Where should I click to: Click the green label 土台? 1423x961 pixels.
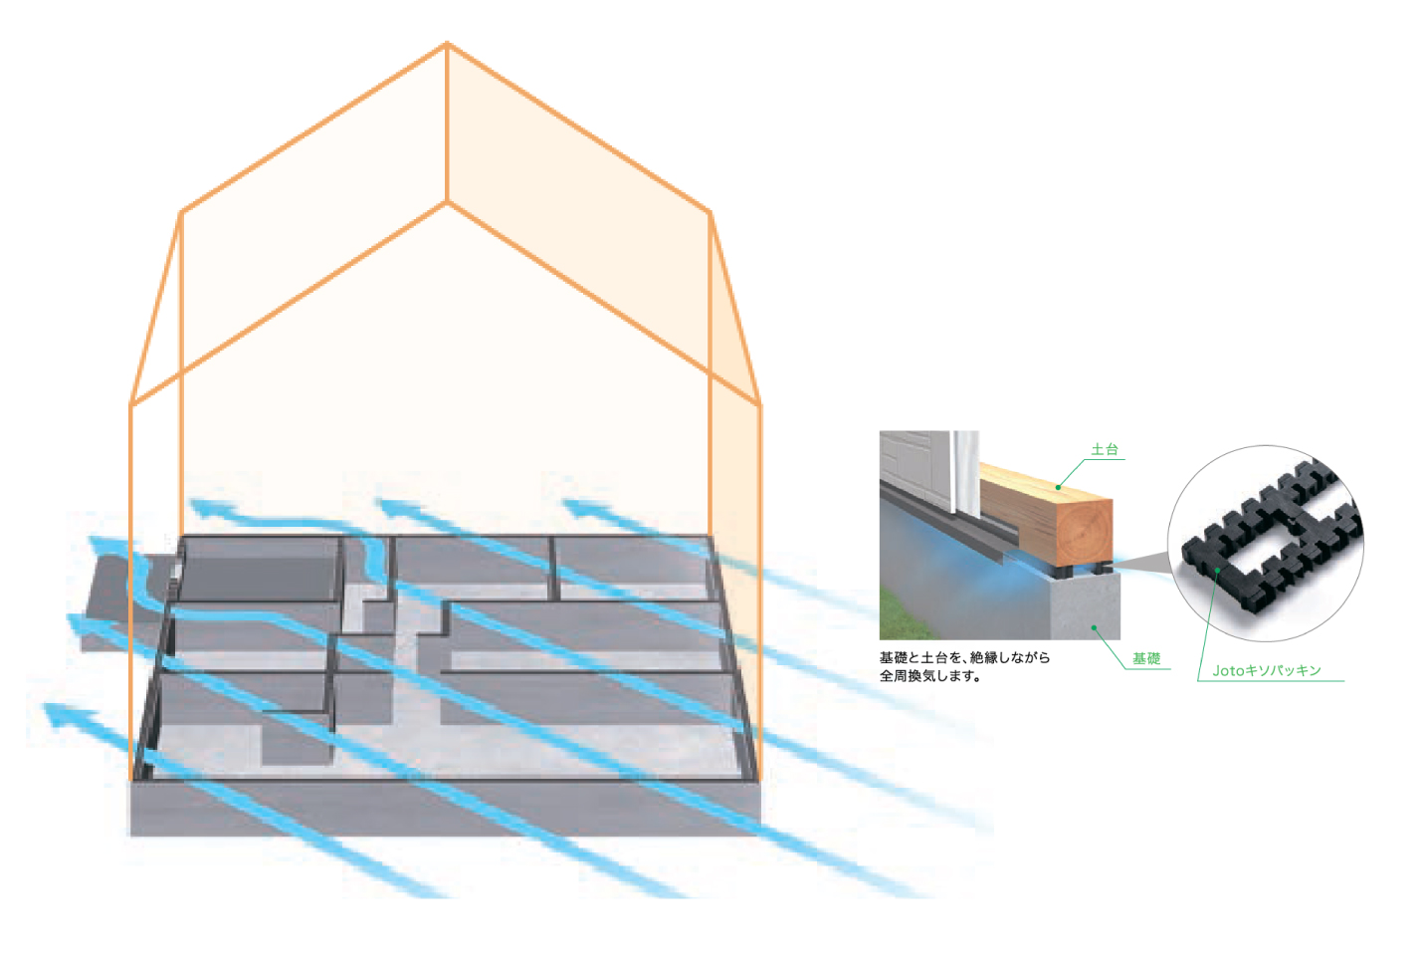click(1104, 449)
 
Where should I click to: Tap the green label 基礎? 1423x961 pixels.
click(1145, 658)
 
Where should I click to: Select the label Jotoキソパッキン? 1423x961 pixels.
click(1266, 671)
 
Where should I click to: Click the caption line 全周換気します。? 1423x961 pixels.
click(929, 676)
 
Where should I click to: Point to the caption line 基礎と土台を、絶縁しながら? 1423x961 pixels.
click(963, 657)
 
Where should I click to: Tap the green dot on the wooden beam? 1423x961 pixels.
click(1058, 487)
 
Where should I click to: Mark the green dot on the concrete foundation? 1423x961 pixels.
click(1094, 627)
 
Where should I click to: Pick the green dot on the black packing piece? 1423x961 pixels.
click(1217, 571)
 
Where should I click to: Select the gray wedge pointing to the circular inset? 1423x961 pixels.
click(1144, 565)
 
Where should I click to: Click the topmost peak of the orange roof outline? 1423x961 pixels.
click(447, 44)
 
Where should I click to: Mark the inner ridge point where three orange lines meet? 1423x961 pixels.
click(447, 202)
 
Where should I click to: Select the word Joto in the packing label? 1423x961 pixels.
click(1228, 671)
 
